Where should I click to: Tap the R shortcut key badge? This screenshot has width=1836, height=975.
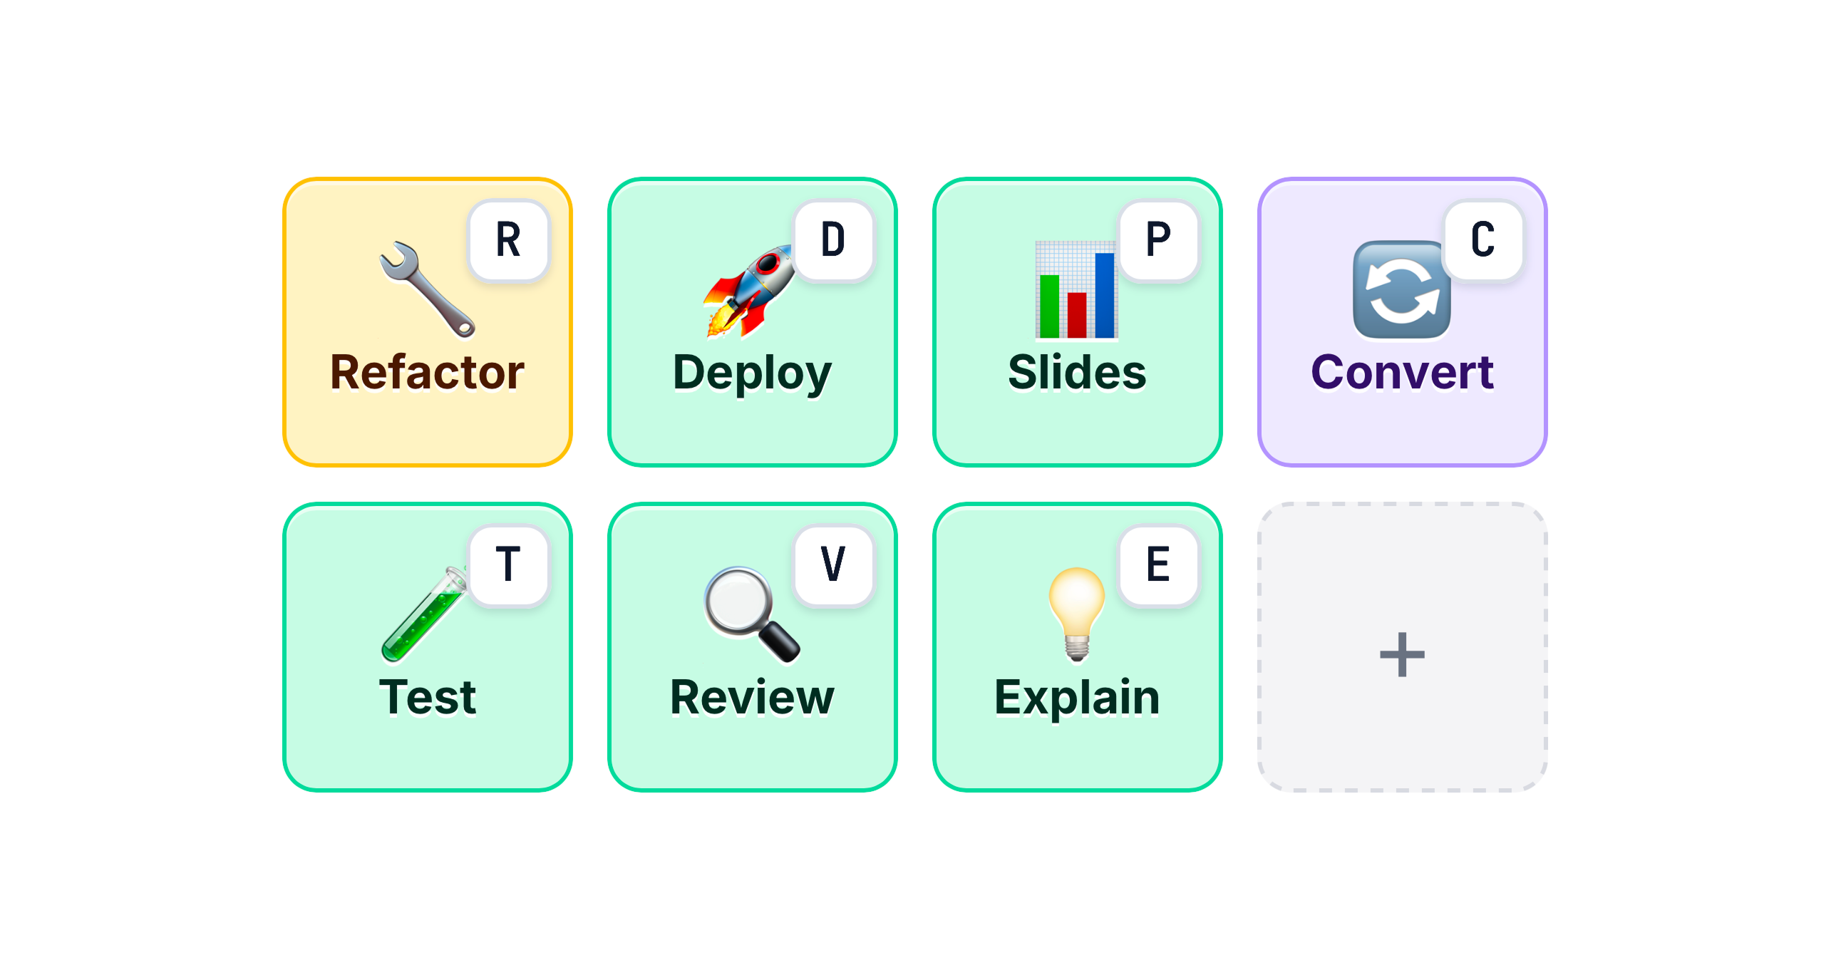pos(508,240)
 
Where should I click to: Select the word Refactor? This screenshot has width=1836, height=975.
pos(428,372)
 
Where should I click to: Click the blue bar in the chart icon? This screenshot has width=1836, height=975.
pos(1105,294)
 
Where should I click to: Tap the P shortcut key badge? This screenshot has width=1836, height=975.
pos(1158,240)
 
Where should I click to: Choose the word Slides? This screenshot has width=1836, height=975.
pos(1078,372)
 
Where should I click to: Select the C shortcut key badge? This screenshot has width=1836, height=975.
pos(1483,240)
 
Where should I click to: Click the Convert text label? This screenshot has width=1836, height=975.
pos(1403,372)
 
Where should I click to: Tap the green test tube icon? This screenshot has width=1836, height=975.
pos(425,614)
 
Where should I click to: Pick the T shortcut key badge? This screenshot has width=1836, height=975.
pos(508,565)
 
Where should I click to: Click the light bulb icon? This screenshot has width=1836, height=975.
pos(1077,614)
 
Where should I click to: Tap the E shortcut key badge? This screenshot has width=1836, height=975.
pos(1158,565)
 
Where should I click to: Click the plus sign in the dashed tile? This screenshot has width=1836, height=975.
pos(1403,654)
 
